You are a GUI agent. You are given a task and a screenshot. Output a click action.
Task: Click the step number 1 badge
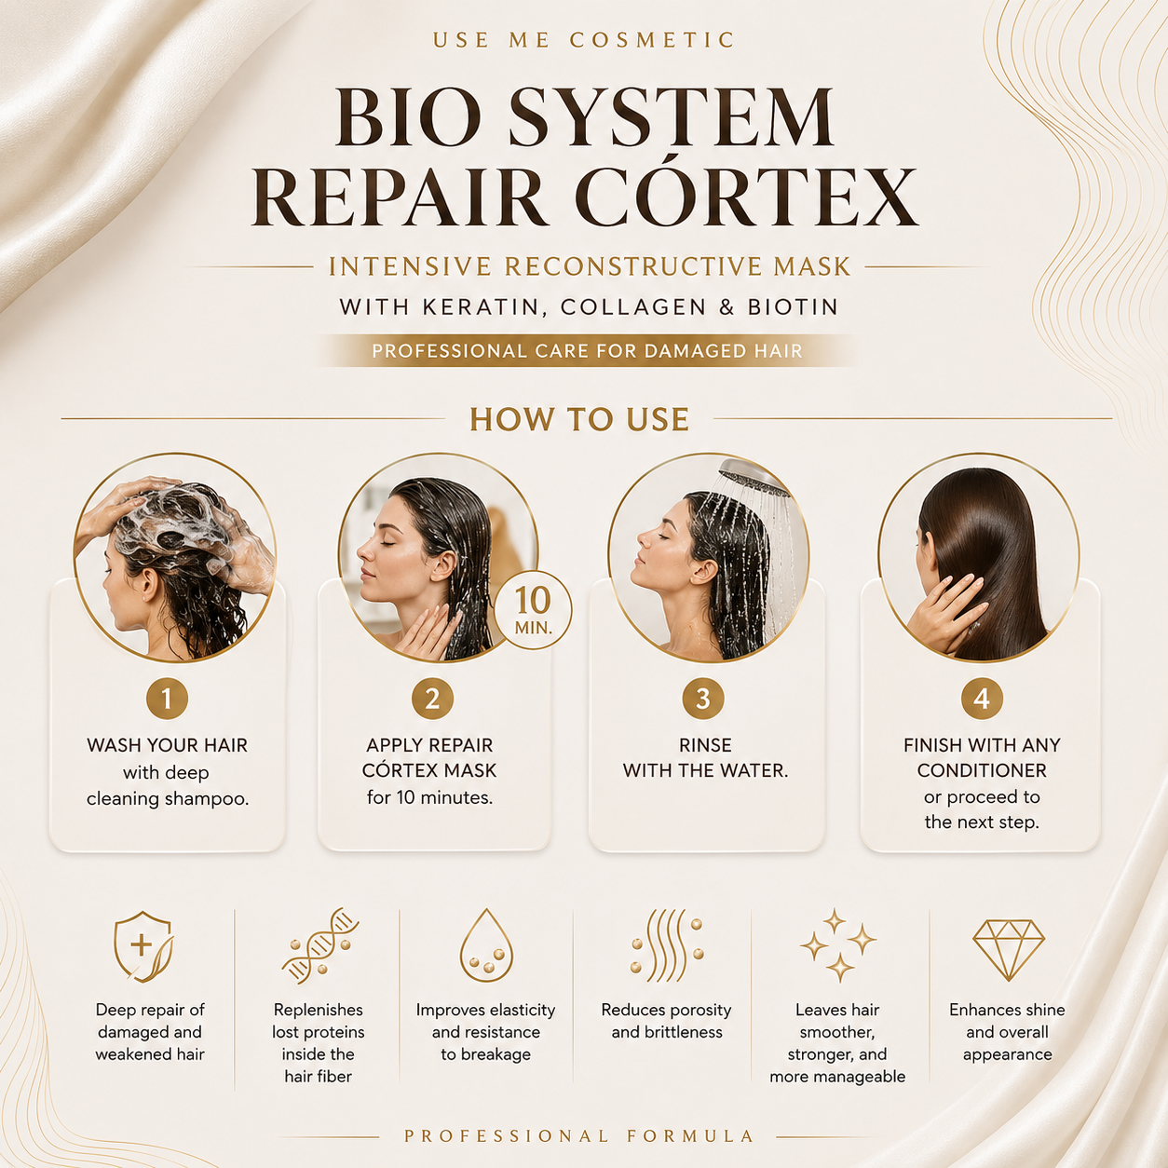coord(167,699)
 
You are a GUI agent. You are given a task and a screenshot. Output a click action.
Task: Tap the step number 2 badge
coord(432,699)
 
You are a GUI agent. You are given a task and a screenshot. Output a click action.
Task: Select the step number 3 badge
coord(703,699)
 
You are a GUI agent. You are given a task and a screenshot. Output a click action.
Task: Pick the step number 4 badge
coord(982,699)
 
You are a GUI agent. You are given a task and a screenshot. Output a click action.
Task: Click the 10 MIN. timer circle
coord(533,610)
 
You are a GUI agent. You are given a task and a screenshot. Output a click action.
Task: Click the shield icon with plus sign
coord(143,946)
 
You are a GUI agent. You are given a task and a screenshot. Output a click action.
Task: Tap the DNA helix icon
coord(320,945)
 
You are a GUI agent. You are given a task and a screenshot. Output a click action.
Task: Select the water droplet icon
coord(486,945)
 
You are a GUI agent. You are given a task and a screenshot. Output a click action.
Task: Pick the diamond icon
coord(1009,950)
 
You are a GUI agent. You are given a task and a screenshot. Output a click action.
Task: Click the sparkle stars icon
coord(838,945)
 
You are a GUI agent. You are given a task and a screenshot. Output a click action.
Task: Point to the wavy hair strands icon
coord(667,945)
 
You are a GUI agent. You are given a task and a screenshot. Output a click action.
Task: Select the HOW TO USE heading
coord(579,419)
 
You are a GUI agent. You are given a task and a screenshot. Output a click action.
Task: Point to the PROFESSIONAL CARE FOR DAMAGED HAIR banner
coord(587,350)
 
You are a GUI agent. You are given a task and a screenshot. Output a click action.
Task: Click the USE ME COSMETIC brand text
coord(584,40)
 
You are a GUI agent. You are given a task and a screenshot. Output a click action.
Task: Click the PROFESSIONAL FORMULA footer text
coord(578,1135)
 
